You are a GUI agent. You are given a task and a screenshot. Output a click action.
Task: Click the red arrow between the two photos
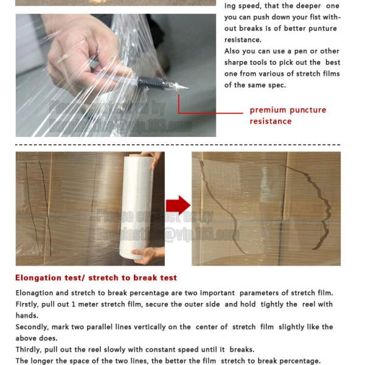tap(178, 206)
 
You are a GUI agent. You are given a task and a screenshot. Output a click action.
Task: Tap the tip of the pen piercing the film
tap(185, 89)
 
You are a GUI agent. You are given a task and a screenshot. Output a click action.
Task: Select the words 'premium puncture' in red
tap(288, 110)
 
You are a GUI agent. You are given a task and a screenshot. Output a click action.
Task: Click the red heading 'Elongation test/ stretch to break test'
tap(96, 278)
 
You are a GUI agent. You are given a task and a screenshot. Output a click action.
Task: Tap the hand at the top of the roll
tap(157, 160)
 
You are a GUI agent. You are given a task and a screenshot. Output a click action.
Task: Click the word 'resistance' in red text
tap(270, 121)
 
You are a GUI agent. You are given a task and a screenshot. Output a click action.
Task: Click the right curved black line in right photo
tap(323, 210)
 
